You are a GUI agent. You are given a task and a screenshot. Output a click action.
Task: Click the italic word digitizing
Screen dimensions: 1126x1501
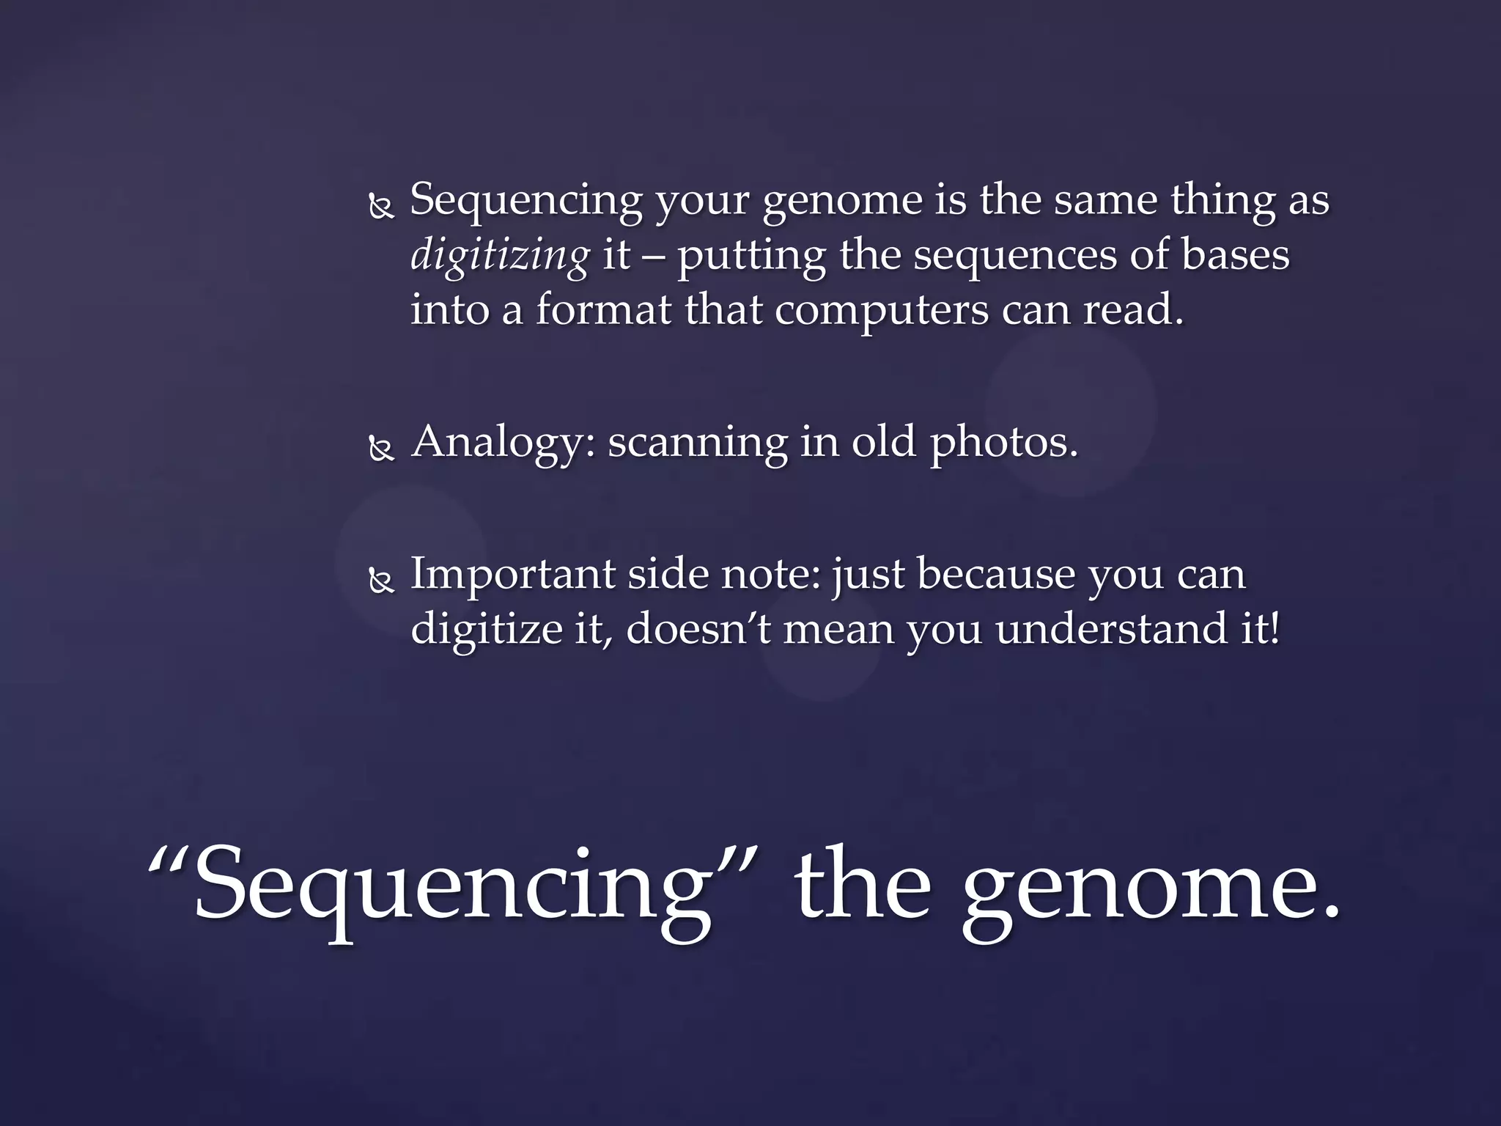(499, 256)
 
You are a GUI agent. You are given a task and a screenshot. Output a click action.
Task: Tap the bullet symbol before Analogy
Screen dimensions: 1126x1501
(381, 449)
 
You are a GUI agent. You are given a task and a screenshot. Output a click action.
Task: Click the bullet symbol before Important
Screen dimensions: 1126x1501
(381, 581)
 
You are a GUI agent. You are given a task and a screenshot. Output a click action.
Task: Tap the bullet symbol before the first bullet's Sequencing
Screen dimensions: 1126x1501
(381, 209)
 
